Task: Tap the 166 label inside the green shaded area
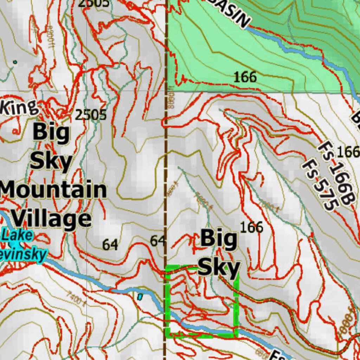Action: (245, 77)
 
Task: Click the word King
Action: (19, 107)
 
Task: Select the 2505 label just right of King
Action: (90, 115)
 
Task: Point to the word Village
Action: (52, 219)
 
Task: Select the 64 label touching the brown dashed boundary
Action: (157, 241)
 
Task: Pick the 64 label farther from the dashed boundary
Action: (110, 245)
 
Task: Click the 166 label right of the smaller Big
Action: (251, 227)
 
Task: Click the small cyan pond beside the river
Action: (140, 297)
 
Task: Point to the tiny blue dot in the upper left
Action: (15, 62)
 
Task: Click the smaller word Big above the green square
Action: (219, 239)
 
